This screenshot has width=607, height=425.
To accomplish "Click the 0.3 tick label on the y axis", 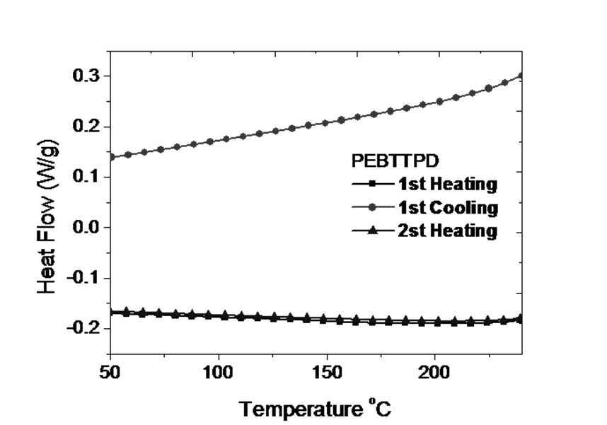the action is tap(86, 76).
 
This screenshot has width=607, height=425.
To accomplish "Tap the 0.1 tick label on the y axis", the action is tap(86, 177).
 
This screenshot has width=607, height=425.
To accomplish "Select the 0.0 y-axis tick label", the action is tap(86, 227).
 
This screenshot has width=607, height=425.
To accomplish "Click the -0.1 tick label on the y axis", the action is tap(83, 278).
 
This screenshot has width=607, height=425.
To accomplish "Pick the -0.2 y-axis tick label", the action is tap(83, 328).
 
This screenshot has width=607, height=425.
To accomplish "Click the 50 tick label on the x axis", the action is tap(110, 373).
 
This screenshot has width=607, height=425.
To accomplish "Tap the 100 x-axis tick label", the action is tap(219, 373).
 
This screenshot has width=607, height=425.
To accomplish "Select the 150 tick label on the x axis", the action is tap(327, 373).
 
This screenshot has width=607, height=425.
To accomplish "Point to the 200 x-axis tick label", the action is tap(435, 373).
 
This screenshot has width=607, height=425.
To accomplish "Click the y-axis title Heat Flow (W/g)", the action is tap(47, 217).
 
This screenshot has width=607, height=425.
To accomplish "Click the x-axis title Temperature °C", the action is tap(315, 408).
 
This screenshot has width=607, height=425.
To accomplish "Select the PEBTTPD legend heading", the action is tap(395, 161).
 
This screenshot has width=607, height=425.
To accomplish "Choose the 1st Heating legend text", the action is tap(448, 184).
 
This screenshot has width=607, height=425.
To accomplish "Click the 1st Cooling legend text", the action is tap(449, 208).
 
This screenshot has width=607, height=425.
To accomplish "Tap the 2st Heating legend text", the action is tap(448, 231).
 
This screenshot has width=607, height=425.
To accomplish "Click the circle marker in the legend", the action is tap(372, 208).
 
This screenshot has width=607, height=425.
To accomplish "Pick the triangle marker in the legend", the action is tap(372, 231).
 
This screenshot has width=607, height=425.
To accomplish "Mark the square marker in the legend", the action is tap(372, 183).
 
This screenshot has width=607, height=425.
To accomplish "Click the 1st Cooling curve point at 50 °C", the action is tap(111, 157).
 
